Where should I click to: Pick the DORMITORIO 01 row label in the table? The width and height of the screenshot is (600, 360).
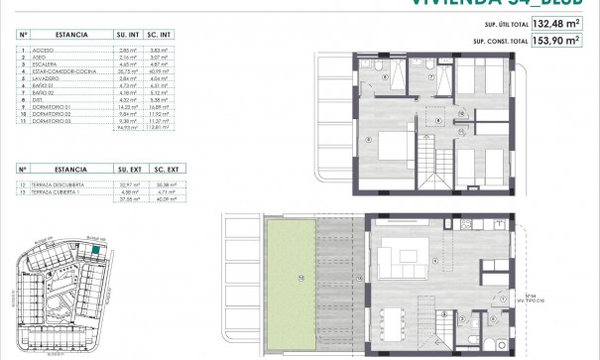pyautogui.click(x=59, y=104)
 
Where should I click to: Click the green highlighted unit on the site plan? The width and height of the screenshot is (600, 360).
pyautogui.click(x=95, y=253)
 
